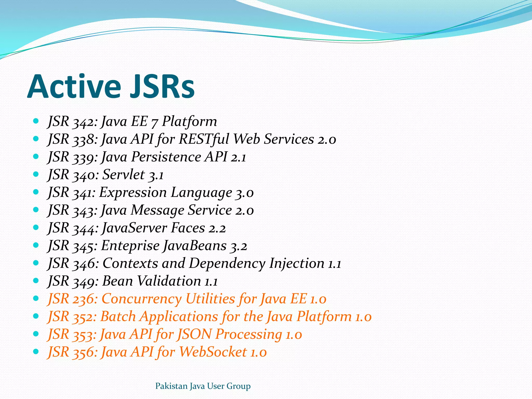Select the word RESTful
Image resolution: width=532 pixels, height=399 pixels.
tap(204, 139)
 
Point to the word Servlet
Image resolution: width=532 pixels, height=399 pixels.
tap(123, 175)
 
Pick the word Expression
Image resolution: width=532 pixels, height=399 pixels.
tap(133, 193)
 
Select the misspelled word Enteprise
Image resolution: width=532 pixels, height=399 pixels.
tap(130, 246)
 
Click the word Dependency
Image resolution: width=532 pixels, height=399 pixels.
tap(227, 264)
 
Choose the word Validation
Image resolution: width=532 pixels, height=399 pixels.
tap(169, 281)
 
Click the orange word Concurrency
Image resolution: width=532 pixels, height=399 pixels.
tap(142, 299)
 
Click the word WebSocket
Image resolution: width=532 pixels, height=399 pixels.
tap(213, 352)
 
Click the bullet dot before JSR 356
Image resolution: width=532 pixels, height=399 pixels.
tap(36, 352)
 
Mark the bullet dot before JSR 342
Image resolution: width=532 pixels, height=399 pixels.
tap(36, 121)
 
